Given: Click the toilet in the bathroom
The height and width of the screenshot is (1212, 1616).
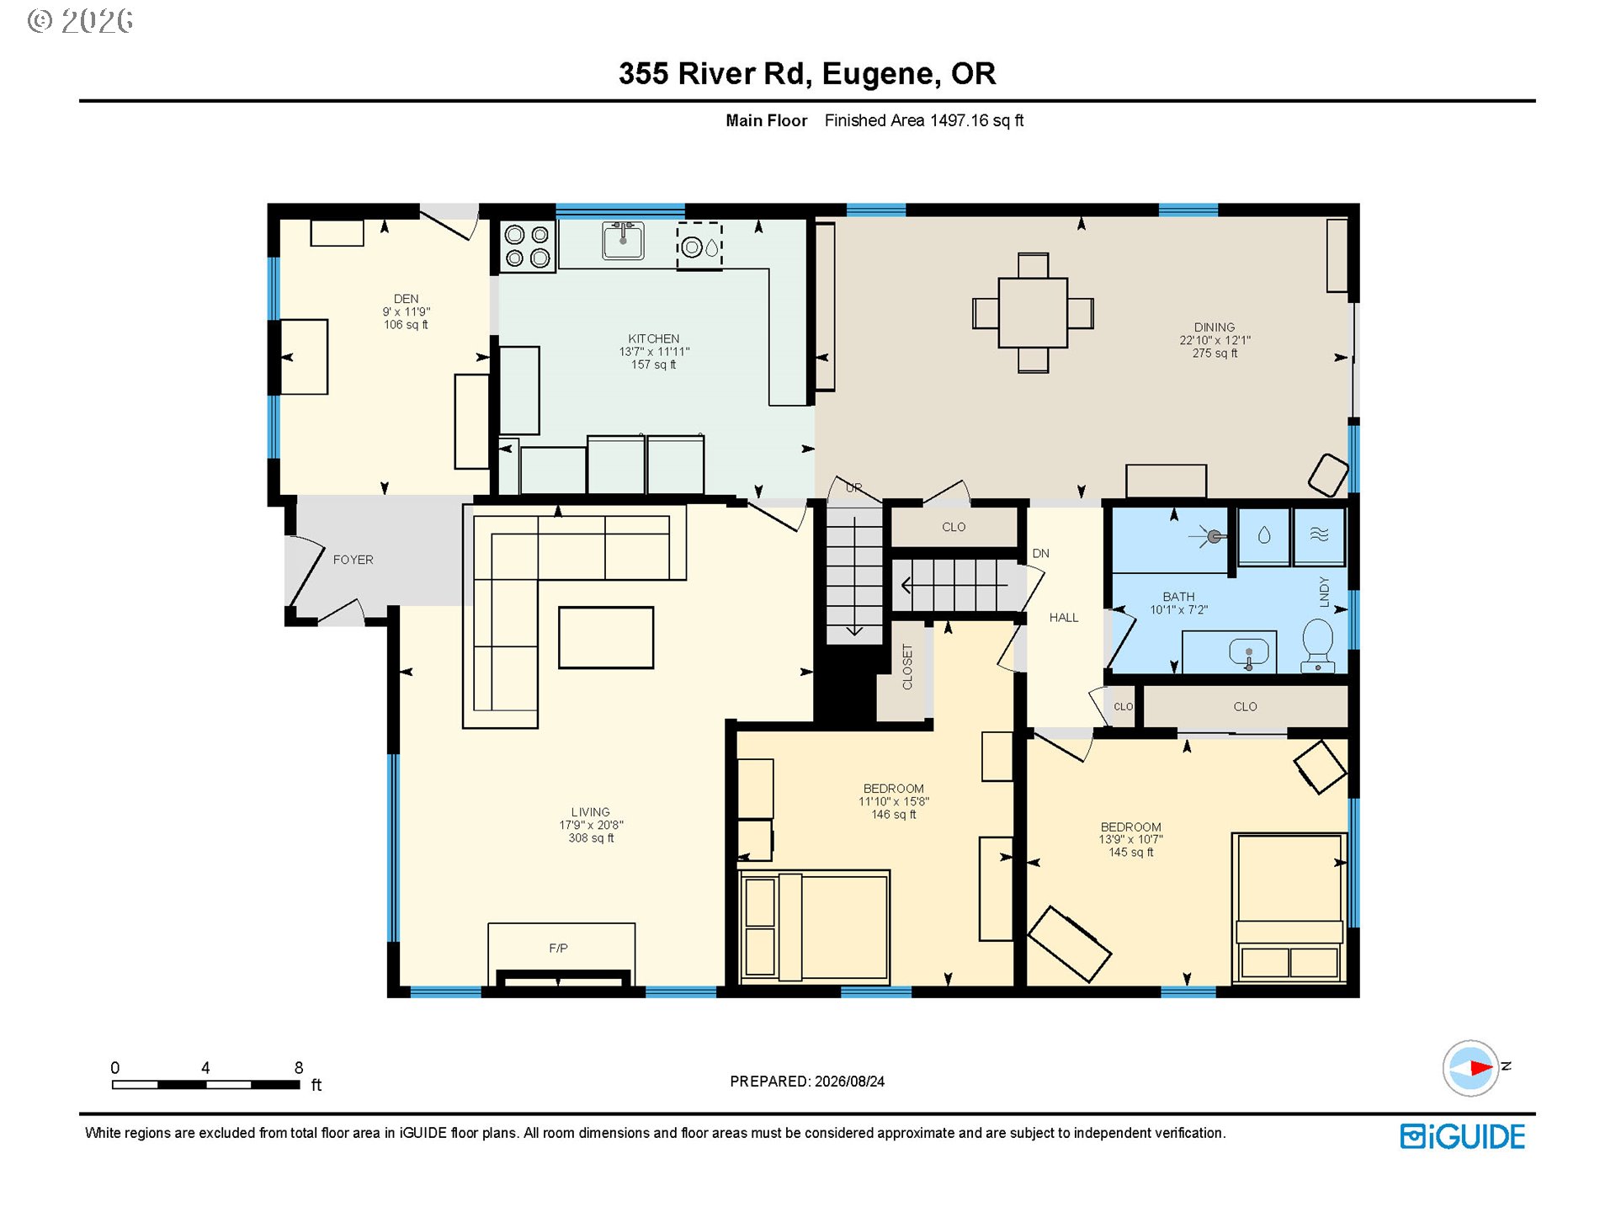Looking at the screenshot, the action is pos(1317,646).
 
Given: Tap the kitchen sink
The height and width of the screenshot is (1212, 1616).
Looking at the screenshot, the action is pos(623,240).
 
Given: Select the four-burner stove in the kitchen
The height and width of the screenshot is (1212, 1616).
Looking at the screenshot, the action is pos(528,246).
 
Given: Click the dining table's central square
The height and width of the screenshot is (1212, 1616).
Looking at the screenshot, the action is pos(1033,312).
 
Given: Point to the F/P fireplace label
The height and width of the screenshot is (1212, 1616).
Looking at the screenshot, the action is pos(558,948).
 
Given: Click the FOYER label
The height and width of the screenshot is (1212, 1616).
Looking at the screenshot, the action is pos(353,560).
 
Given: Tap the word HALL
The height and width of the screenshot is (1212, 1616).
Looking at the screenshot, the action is pos(1064,618).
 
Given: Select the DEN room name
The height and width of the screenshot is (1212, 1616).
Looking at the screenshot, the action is pos(406,299).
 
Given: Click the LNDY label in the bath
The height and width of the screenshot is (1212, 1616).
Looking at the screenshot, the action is pos(1324,592).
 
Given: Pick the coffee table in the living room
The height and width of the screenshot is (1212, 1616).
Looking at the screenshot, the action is pos(606,637).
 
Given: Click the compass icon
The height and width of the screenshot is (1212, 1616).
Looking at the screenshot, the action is pos(1470,1068).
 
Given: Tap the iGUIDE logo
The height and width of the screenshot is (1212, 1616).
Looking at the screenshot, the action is pos(1462,1136).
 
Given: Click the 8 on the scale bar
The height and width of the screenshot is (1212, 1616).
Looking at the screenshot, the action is pos(299,1067).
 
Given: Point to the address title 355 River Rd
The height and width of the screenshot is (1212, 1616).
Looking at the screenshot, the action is pos(715,74).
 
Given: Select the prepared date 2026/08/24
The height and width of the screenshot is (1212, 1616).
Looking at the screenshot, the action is pos(849,1082).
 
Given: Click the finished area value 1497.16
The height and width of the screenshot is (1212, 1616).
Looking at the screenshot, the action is pos(959,120).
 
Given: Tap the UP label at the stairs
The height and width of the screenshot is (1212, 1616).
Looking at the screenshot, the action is pos(853,487).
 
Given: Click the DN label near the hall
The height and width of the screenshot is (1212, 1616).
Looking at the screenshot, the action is pos(1041,553).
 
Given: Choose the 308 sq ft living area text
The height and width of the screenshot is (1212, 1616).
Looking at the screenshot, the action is pos(591,838).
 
